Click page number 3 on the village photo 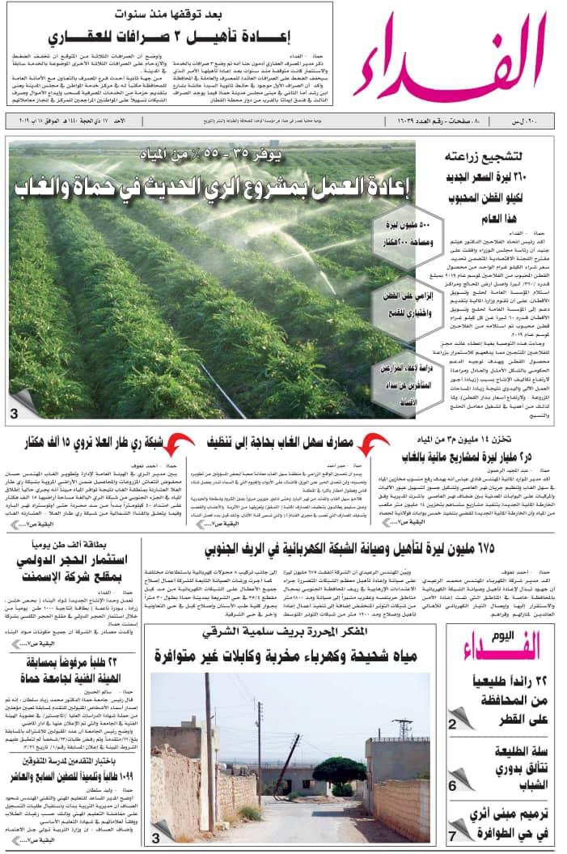tap(156, 839)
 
